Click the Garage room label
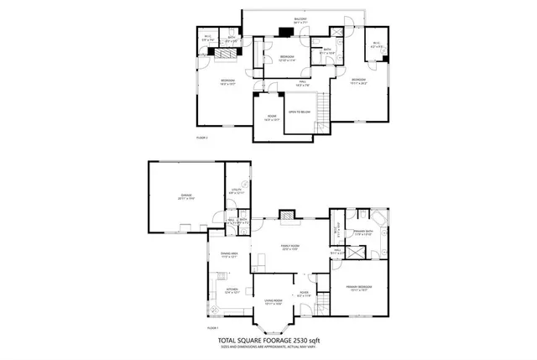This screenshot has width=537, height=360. [x=185, y=196]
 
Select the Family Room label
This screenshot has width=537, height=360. [x=289, y=246]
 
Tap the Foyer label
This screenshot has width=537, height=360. [x=304, y=294]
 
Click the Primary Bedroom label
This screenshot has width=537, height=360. [x=359, y=288]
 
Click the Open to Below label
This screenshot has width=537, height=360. [x=300, y=111]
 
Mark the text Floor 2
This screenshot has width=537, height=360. [x=201, y=137]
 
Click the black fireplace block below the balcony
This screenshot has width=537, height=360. [x=286, y=34]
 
